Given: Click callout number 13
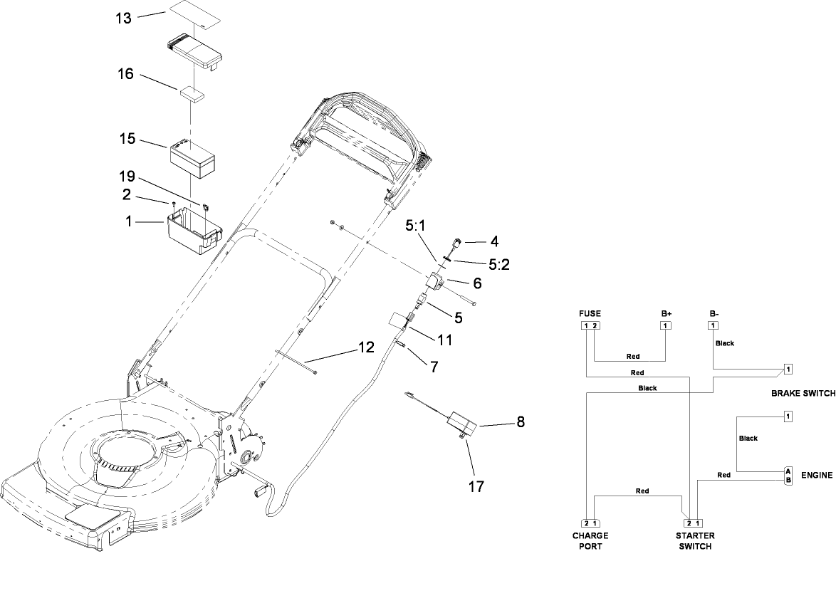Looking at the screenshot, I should [x=124, y=18].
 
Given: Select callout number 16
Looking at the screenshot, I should [x=126, y=74].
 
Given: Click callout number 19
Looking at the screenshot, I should [x=126, y=177].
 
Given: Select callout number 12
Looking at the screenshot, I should [x=365, y=347].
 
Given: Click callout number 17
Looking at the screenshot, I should [x=476, y=486].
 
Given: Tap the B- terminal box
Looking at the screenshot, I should [x=713, y=326].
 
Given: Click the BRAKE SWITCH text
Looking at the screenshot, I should [x=802, y=393].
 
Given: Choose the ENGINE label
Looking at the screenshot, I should [x=817, y=475].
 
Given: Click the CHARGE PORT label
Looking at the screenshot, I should [x=590, y=541].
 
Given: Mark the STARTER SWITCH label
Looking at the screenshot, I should [x=694, y=541].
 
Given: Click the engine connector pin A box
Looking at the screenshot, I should [x=788, y=471].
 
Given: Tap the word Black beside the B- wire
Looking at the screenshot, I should [x=725, y=343].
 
